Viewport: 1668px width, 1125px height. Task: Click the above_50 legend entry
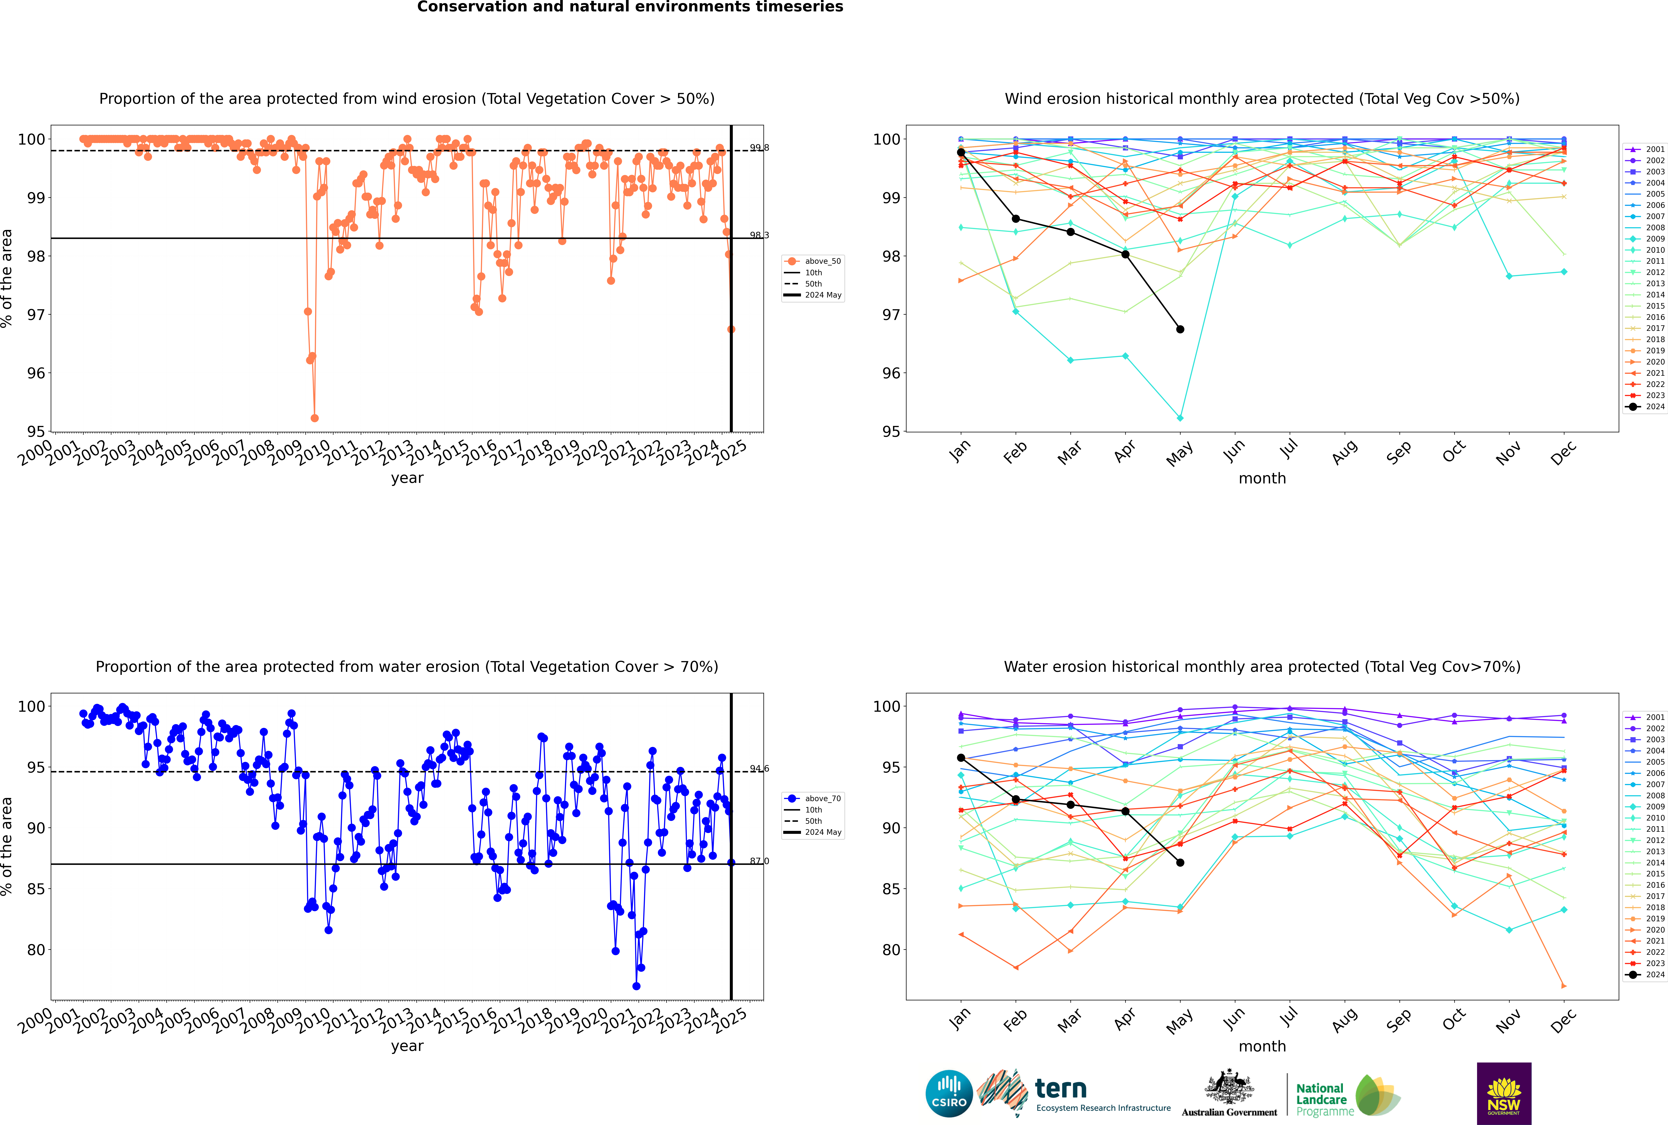813,261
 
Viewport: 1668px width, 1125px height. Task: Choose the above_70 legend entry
813,799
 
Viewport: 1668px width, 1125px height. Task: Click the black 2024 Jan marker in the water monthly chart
961,758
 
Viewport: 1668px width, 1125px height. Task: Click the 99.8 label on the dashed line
759,148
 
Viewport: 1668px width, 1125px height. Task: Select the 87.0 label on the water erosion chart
759,861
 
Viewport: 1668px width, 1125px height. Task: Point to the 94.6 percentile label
759,768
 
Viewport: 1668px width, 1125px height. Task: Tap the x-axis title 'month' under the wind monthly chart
1262,479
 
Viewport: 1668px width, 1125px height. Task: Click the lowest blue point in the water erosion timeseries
636,986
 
